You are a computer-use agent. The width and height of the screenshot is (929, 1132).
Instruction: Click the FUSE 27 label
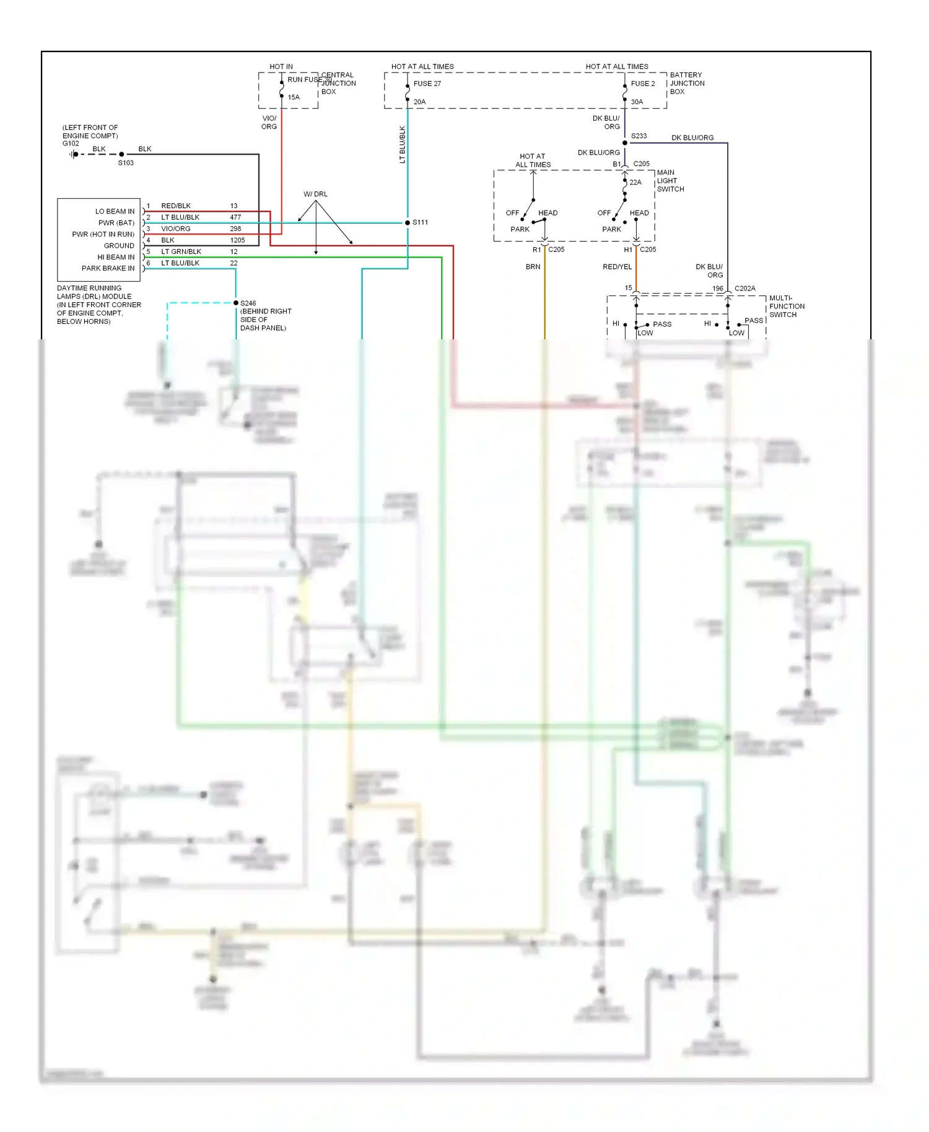click(427, 84)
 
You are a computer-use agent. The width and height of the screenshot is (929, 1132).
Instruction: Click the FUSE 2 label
click(642, 84)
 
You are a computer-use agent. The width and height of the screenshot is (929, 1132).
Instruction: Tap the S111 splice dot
click(408, 222)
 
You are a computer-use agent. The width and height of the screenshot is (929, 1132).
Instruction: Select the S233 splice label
click(639, 136)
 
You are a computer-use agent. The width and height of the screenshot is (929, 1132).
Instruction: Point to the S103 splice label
click(126, 163)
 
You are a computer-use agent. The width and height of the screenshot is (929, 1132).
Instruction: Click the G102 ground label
click(71, 144)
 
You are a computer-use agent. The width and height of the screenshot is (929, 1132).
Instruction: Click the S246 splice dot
click(236, 303)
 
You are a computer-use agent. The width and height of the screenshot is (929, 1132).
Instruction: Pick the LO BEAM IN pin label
click(115, 211)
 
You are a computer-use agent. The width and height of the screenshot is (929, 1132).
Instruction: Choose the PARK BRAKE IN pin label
click(108, 268)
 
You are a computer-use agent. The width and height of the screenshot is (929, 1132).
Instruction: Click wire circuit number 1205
click(237, 240)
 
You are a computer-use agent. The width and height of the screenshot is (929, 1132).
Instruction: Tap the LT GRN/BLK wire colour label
click(181, 251)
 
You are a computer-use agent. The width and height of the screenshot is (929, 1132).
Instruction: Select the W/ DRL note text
click(315, 194)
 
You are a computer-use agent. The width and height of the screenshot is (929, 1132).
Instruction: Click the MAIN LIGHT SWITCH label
click(670, 181)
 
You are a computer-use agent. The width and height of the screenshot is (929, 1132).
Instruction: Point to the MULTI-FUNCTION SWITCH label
click(787, 306)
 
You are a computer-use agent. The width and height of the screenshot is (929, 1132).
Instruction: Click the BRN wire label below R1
click(533, 267)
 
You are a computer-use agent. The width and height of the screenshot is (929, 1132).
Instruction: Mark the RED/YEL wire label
click(617, 267)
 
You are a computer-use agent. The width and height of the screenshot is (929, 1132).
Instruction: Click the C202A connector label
click(744, 289)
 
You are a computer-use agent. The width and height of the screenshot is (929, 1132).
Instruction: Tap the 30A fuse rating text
click(637, 102)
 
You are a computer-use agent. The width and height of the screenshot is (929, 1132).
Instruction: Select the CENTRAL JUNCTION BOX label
click(338, 83)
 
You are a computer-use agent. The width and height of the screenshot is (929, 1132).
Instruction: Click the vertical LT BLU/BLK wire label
click(402, 144)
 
